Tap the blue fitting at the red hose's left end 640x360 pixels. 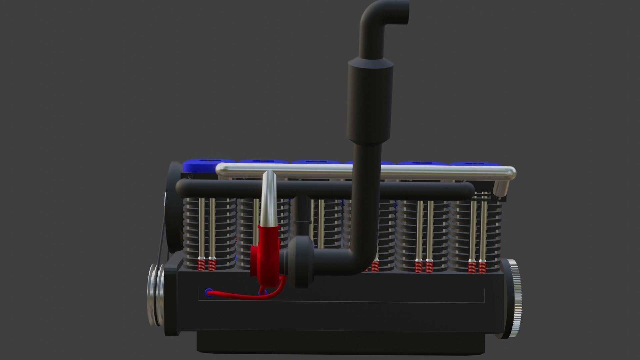click(x=209, y=293)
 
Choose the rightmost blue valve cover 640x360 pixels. click(x=473, y=164)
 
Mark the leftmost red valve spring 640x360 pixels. click(x=201, y=265)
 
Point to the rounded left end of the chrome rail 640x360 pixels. click(x=220, y=171)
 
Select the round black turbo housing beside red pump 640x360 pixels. click(x=300, y=257)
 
